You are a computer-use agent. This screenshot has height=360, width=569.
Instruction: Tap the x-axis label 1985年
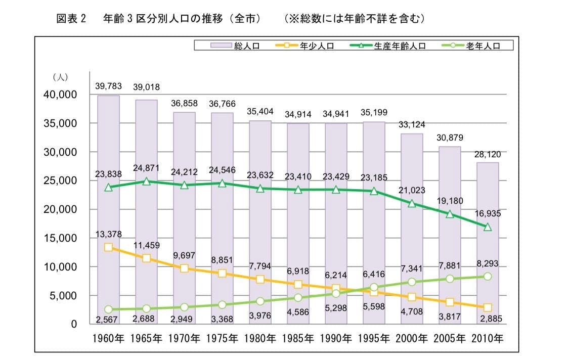[298, 337]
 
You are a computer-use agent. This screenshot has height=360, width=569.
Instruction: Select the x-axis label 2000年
[411, 337]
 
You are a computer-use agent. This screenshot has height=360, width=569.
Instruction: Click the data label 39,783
[109, 87]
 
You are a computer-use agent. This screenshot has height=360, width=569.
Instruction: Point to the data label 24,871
[147, 168]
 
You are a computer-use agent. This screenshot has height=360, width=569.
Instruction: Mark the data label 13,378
[109, 233]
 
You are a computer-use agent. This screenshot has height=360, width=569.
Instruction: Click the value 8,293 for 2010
[487, 263]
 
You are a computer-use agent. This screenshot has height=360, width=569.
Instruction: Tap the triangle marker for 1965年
[146, 181]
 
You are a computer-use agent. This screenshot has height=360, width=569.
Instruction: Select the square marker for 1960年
[108, 247]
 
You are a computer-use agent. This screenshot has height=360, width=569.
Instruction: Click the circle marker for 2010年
[487, 276]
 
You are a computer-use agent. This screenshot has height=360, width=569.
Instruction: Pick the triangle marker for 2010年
[487, 227]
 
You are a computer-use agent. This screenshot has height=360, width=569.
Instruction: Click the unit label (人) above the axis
[60, 77]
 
